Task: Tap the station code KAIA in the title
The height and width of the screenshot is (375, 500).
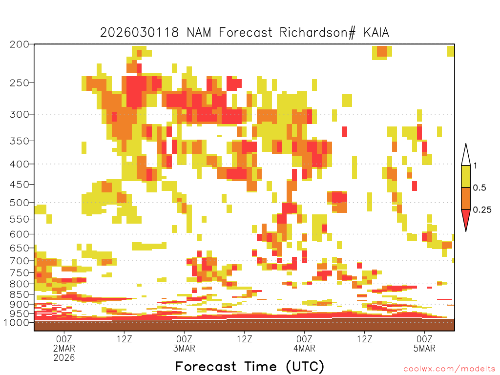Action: click(376, 33)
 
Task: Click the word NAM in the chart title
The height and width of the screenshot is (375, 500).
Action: click(199, 33)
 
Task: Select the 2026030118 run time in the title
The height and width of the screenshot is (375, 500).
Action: click(139, 33)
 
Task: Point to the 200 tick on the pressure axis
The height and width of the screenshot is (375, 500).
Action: click(20, 44)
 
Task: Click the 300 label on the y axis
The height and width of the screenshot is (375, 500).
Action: click(20, 114)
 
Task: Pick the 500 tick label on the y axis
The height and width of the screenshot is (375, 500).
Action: click(20, 203)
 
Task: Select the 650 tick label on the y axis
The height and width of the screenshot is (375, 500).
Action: click(20, 248)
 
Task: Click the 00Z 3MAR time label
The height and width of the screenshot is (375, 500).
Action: click(184, 343)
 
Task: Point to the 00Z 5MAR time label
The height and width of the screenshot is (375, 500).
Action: click(424, 343)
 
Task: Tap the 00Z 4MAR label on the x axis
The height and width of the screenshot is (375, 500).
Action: click(304, 343)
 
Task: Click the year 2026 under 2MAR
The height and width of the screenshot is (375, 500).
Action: click(64, 358)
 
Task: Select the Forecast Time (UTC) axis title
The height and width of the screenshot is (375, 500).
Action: click(250, 367)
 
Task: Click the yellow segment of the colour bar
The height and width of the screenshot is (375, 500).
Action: click(466, 176)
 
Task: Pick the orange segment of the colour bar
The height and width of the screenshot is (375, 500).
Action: click(466, 198)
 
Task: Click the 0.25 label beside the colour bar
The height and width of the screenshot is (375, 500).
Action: click(482, 210)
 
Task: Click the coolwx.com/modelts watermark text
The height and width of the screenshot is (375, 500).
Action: click(449, 369)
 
